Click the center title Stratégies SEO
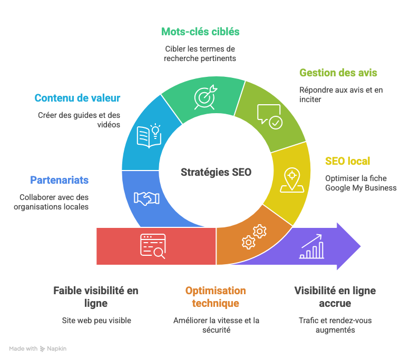[x=216, y=172]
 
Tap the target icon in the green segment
[x=205, y=97]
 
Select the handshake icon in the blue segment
[x=146, y=198]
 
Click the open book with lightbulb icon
[x=149, y=136]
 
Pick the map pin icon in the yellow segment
[x=292, y=180]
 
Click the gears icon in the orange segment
[x=254, y=237]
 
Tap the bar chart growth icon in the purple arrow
[x=311, y=246]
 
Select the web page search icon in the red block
[x=153, y=246]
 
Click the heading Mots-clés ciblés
[x=200, y=32]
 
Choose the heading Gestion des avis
[x=338, y=73]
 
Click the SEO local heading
[x=348, y=161]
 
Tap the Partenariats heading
[x=59, y=180]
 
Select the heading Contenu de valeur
[x=77, y=98]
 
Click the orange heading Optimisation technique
[x=216, y=297]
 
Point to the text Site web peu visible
[x=96, y=321]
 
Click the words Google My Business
[x=361, y=188]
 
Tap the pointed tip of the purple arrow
[x=360, y=246]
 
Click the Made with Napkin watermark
[x=38, y=349]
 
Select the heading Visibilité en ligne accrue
[x=335, y=297]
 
